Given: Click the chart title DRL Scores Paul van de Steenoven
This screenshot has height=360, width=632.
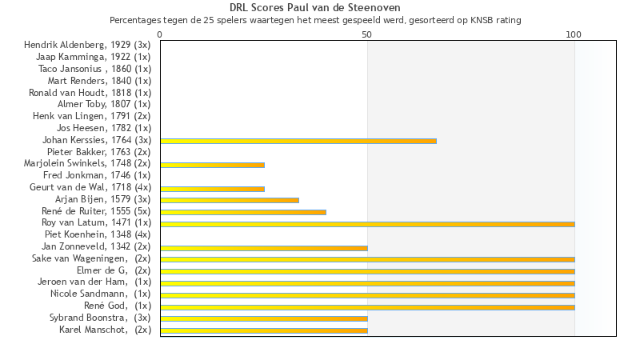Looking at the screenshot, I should pos(315,8).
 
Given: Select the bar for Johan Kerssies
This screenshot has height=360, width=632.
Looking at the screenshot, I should pos(298,141).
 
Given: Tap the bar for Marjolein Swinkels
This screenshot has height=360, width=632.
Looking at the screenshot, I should pos(212,165).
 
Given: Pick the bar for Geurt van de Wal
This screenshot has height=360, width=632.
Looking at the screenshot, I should pos(212,189).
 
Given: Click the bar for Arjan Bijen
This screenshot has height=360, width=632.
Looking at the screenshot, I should pos(230,200).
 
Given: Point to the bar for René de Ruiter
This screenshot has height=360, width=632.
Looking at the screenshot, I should pos(243,212).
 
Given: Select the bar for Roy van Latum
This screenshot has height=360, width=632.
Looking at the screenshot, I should pos(367,224).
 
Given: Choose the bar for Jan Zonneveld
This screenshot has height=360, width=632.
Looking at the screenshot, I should pos(264,248).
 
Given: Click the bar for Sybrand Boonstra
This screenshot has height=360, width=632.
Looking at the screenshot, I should pos(264,318).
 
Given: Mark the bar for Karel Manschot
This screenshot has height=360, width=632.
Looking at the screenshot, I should pos(264,330).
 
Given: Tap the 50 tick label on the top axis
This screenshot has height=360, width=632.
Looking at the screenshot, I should pos(367,35).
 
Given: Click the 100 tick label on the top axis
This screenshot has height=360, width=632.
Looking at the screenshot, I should pos(574,35).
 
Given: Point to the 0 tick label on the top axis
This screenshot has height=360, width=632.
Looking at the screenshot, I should pos(160,35).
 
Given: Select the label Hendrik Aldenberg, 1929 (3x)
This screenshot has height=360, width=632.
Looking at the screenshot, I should pos(87,45).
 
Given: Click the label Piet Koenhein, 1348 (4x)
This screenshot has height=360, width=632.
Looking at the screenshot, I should pos(98,234).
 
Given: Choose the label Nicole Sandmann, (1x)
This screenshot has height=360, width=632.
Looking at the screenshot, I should pos(101,294).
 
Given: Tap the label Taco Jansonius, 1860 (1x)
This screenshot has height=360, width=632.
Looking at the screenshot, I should pos(94,69).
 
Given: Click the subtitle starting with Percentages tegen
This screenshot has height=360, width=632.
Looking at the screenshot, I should pos(315,20).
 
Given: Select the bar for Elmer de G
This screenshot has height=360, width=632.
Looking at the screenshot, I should pos(367,271).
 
